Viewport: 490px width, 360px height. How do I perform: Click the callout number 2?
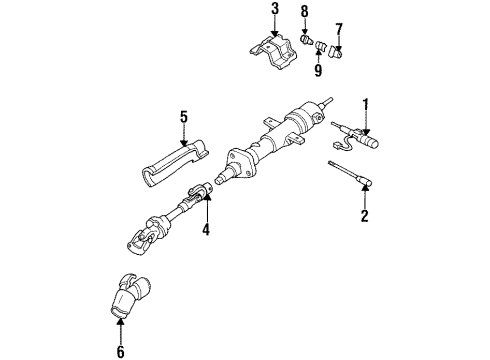tap(364, 216)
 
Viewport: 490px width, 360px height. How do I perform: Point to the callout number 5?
tap(183, 117)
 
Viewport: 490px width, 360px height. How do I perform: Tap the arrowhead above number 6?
tap(121, 319)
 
